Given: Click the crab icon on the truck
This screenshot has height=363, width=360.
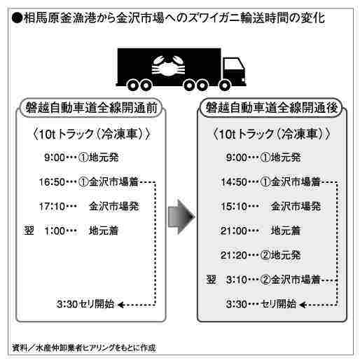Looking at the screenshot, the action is [168, 66].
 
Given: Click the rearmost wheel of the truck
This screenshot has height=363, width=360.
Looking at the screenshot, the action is [132, 85].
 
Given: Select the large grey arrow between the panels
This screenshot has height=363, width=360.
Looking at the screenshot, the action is [181, 217].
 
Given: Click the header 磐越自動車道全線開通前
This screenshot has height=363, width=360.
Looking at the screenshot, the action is [91, 108].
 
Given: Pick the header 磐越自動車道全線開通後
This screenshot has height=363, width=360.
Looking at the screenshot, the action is [271, 108].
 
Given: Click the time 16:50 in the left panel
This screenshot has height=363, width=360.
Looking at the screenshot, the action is [52, 182].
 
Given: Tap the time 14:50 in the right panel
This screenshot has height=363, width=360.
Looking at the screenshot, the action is [234, 182].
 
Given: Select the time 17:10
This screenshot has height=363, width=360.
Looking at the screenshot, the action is [52, 207].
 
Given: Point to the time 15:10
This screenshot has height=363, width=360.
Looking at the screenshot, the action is [234, 207].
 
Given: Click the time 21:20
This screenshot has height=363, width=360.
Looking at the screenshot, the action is [234, 255].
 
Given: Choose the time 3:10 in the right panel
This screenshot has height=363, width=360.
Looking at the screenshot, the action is [237, 280].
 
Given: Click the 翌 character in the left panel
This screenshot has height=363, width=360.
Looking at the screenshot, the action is [29, 231].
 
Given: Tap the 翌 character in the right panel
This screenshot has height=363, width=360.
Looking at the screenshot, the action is [211, 280].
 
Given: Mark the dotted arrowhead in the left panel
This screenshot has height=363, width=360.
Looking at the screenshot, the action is [120, 305].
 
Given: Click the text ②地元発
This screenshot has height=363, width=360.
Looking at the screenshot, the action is [280, 255].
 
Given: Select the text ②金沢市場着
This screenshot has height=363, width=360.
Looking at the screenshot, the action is [290, 280].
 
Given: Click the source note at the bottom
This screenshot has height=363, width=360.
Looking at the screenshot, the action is [84, 348].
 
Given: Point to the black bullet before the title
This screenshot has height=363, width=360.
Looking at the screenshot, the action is [17, 18].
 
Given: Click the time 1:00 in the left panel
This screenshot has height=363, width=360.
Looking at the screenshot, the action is [55, 231].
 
